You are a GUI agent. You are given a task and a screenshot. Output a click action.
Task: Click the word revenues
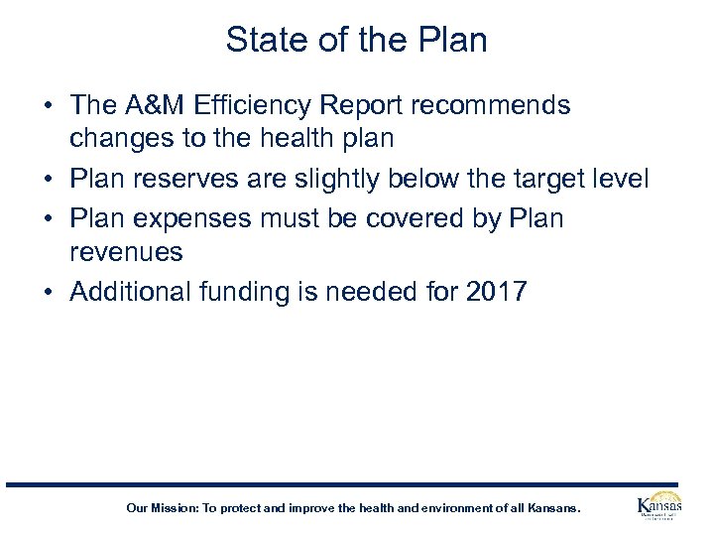click(126, 252)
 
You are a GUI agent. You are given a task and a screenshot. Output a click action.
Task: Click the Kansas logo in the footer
click(658, 507)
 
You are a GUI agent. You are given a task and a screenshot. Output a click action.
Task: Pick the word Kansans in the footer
click(555, 508)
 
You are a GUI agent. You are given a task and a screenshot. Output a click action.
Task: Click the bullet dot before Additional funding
click(50, 293)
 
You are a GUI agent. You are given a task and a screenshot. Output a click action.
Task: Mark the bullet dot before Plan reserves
click(50, 180)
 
